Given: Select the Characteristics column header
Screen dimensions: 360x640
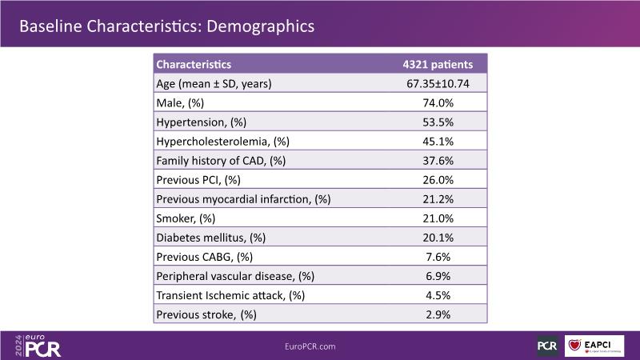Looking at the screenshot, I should tap(194, 64).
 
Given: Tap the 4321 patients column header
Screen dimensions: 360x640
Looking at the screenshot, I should tap(437, 64).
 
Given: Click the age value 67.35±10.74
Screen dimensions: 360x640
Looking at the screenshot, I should tap(437, 83).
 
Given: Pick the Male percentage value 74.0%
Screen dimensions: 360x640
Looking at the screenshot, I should tap(437, 102).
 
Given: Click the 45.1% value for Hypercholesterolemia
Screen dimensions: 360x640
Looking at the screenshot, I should tap(437, 141).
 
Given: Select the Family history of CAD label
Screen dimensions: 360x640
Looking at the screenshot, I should tap(220, 160).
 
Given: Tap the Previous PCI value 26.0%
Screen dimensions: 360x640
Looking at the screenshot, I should tap(437, 179).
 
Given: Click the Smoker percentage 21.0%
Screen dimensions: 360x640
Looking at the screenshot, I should tap(437, 218).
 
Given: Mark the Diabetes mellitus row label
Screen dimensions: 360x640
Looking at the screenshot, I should tap(210, 237).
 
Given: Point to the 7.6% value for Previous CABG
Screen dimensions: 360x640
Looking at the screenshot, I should tap(437, 256).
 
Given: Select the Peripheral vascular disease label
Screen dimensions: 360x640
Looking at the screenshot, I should tap(234, 275).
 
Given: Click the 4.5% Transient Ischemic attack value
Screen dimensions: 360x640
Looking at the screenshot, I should tap(437, 294).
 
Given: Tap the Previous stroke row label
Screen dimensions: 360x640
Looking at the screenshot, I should tap(206, 314).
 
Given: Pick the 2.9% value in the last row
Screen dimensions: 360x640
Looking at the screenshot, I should tap(437, 314).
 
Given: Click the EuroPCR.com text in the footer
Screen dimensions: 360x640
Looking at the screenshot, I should tap(310, 346).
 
